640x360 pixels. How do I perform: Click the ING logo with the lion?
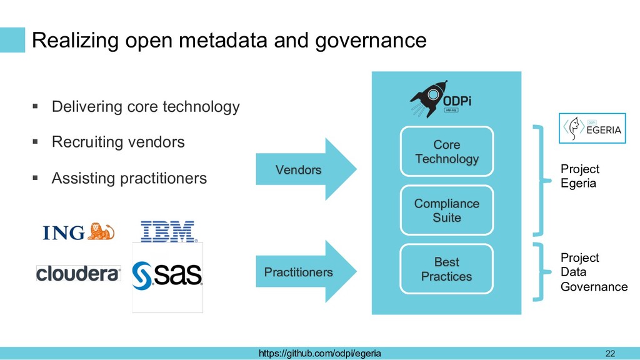click(x=78, y=232)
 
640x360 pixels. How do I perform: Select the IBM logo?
click(x=167, y=231)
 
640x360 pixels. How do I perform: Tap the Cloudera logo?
click(x=78, y=274)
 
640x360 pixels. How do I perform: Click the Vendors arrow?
click(x=306, y=169)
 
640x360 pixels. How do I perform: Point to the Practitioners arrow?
click(x=306, y=271)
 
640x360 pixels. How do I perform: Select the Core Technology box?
click(x=446, y=151)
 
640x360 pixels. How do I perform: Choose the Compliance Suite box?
click(x=446, y=210)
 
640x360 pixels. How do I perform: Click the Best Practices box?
click(x=446, y=269)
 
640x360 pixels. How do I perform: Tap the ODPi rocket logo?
click(x=441, y=99)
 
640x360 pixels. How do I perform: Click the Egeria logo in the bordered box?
click(x=592, y=128)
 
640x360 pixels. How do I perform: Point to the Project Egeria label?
click(x=579, y=176)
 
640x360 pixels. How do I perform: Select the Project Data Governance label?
click(x=594, y=272)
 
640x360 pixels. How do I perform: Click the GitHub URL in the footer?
click(x=319, y=353)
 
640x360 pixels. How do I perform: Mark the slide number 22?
click(x=610, y=354)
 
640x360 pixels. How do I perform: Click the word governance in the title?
click(x=371, y=41)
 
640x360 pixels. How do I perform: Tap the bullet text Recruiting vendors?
click(x=118, y=142)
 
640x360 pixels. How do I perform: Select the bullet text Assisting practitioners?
click(x=129, y=178)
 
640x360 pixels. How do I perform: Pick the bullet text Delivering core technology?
click(x=145, y=106)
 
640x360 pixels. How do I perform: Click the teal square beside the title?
click(x=12, y=40)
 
